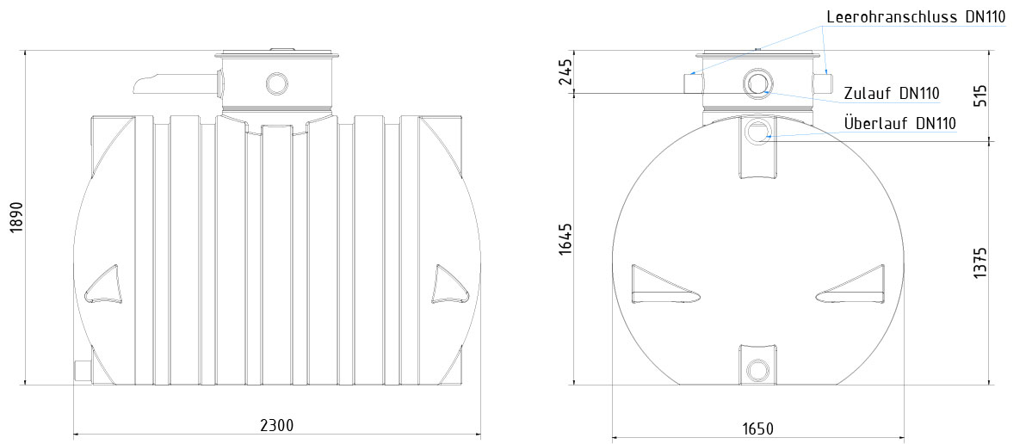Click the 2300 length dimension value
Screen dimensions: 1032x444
tap(276, 425)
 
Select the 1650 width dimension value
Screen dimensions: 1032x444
tap(757, 429)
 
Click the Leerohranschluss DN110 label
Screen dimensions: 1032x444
tap(916, 17)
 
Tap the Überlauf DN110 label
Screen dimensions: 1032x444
tap(899, 123)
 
